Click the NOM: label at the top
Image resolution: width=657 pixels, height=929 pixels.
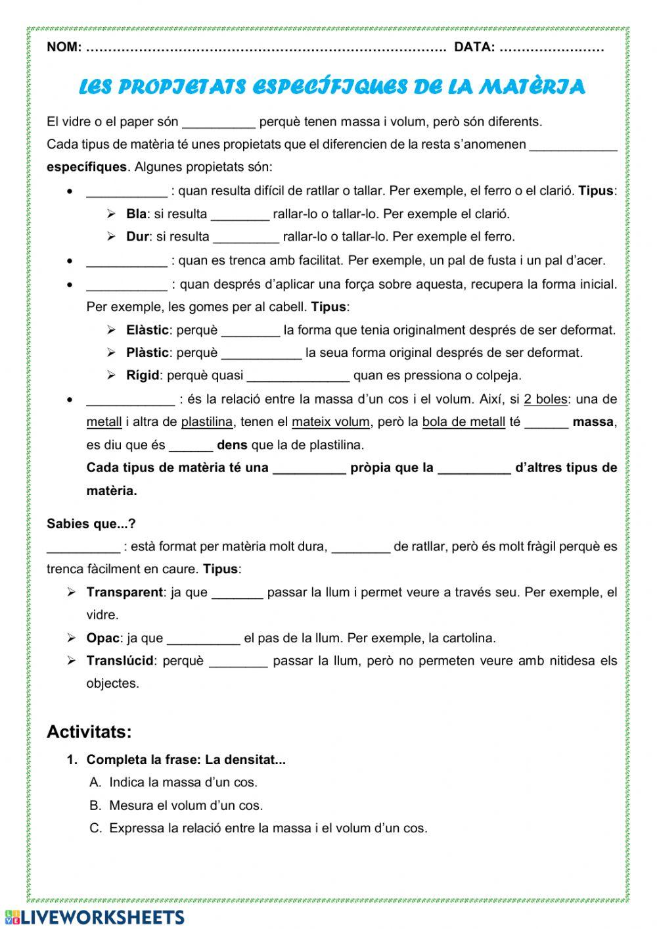pos(64,47)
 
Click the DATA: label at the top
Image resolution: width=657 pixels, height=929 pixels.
pos(474,47)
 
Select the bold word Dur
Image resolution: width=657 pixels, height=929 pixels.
pos(137,237)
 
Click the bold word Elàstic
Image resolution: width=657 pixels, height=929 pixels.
pos(148,330)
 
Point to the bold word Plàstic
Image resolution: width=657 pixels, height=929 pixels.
pos(147,353)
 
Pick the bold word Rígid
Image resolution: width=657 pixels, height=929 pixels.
pos(143,376)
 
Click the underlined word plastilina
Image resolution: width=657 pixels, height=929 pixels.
pos(207,422)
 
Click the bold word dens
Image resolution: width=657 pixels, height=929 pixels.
pos(232,445)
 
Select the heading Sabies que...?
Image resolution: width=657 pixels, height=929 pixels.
pos(91,524)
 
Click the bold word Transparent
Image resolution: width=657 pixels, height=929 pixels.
pos(124,592)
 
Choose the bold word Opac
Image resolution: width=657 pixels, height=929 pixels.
pos(103,638)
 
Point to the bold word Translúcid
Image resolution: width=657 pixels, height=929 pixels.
pos(120,661)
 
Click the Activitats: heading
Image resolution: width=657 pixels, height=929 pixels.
pos(89,732)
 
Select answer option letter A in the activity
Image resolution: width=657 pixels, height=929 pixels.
pos(95,782)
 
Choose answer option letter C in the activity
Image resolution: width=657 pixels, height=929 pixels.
pos(96,828)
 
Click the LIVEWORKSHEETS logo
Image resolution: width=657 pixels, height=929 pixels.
pos(95,917)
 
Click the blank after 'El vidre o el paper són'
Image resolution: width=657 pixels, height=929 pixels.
pos(218,122)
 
